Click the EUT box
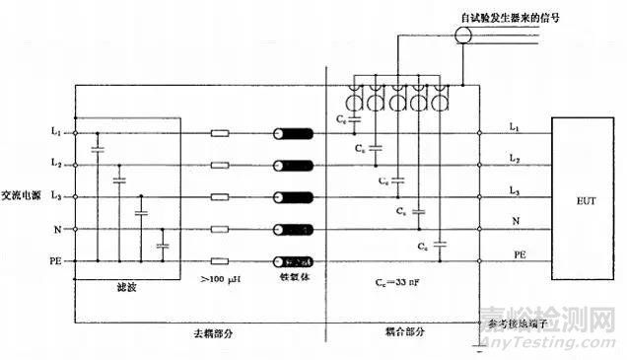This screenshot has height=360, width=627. click(584, 197)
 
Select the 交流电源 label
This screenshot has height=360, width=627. click(24, 195)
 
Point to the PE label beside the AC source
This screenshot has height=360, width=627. click(55, 261)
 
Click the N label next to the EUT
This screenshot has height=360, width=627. click(515, 222)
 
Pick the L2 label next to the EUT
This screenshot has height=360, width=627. click(515, 158)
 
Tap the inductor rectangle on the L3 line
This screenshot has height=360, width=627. click(223, 197)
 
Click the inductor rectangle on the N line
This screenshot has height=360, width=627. click(223, 230)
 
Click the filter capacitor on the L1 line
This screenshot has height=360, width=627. click(98, 149)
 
